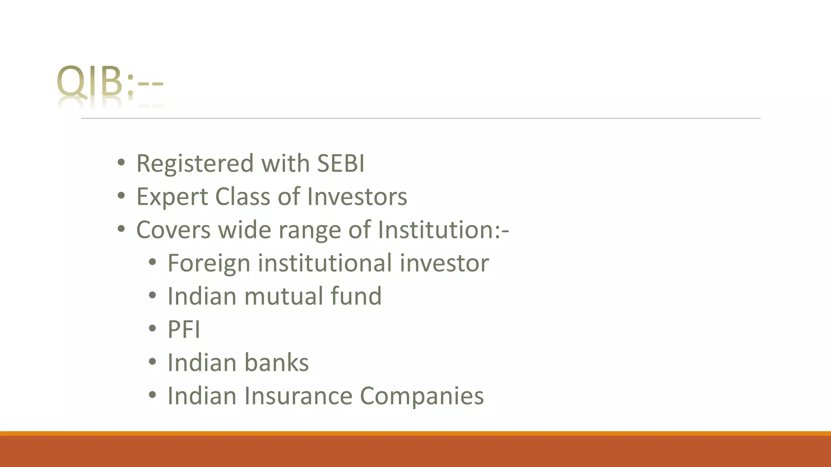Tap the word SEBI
[x=340, y=163]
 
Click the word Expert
[x=172, y=197]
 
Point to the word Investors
[x=357, y=197]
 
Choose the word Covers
[x=174, y=230]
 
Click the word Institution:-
[x=443, y=230]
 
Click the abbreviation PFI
[x=184, y=330]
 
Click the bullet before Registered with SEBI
[x=121, y=163]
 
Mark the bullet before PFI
[x=152, y=329]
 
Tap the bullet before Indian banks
[x=152, y=362]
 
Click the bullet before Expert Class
[x=121, y=196]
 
